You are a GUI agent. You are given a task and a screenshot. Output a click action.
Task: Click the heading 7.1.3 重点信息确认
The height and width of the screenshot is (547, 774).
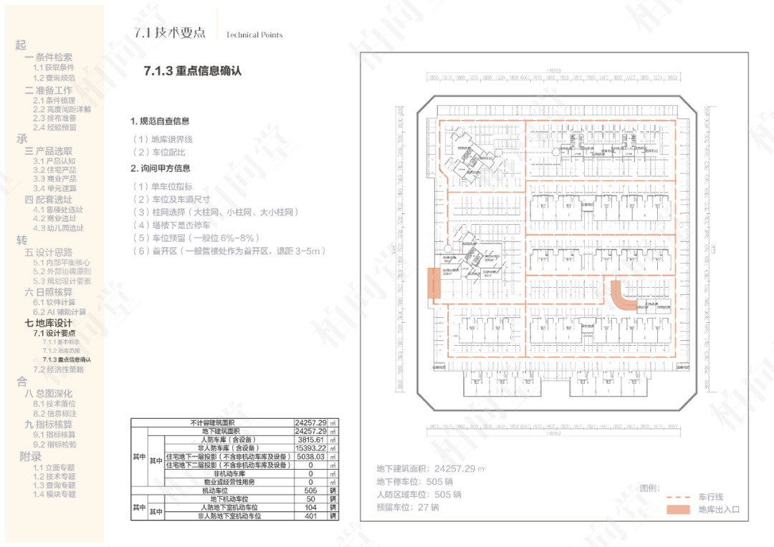tap(193, 71)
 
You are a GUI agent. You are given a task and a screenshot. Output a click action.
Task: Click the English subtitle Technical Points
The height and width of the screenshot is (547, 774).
tap(254, 35)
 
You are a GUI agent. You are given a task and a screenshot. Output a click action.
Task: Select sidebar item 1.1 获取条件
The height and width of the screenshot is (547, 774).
tap(54, 67)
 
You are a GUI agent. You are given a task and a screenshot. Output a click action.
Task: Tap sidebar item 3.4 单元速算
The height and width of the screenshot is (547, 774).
tap(54, 188)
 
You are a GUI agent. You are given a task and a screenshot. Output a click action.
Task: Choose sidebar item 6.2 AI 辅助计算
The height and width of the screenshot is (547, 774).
tap(59, 312)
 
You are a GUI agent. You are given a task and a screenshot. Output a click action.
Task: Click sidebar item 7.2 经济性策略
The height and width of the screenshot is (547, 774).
tap(58, 369)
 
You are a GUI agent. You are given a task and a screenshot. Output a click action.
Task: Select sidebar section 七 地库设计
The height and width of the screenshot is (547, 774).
tap(49, 323)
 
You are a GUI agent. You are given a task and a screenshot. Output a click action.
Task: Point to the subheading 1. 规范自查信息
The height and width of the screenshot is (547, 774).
tap(160, 122)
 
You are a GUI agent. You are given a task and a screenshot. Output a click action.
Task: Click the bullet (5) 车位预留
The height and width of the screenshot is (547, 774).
tap(195, 238)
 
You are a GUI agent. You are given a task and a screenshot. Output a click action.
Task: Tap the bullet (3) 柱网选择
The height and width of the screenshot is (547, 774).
tap(214, 212)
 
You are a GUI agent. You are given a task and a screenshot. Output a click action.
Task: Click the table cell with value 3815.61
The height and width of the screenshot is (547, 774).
tap(311, 440)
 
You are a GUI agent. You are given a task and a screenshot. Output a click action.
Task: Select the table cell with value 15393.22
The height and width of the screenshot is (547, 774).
tap(311, 448)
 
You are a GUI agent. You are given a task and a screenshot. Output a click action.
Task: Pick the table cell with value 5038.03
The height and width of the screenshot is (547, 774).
tap(311, 456)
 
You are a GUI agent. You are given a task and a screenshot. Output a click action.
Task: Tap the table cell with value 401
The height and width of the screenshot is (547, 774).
tap(311, 515)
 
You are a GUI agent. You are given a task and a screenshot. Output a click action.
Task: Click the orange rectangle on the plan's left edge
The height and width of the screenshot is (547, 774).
tap(434, 283)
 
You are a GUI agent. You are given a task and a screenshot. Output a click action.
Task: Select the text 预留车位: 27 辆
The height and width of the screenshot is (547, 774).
tap(408, 508)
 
